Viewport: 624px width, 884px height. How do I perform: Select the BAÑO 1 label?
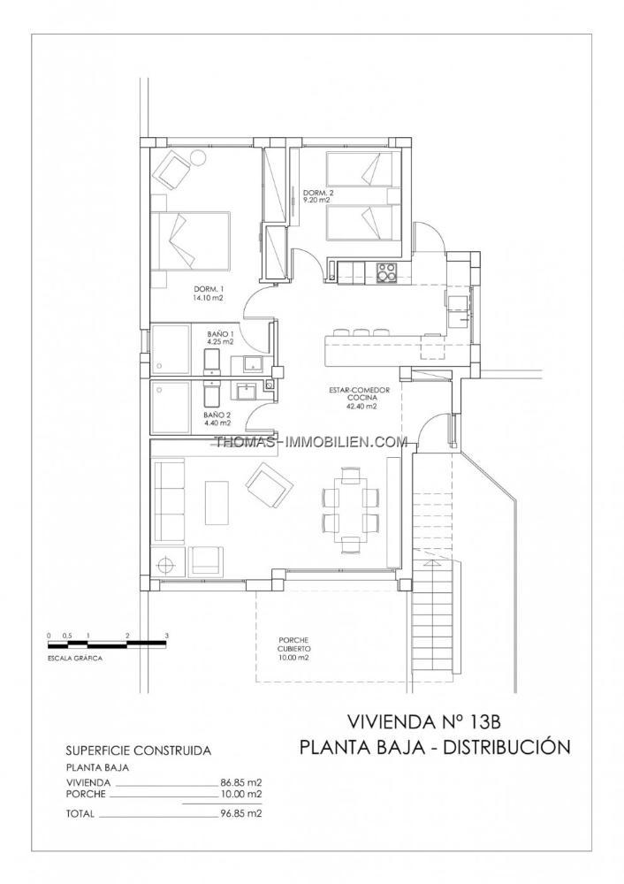pos(220,338)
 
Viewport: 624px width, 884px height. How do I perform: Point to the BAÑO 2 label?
pos(217,418)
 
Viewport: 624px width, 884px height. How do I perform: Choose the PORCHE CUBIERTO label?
pos(293,648)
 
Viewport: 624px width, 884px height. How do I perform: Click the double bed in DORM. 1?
pos(191,241)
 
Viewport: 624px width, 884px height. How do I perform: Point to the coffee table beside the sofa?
pos(217,504)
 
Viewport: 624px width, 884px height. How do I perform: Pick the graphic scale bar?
pos(107,642)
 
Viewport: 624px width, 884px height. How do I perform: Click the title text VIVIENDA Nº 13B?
pos(424,721)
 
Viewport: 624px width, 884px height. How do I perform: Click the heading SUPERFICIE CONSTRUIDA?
pos(139,751)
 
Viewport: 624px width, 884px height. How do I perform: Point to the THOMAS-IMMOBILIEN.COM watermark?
pos(310,441)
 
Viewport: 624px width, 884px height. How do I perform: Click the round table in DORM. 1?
pos(198,158)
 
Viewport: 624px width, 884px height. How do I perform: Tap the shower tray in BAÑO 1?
pos(171,348)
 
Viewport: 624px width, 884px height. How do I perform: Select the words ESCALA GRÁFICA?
pos(75,658)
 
